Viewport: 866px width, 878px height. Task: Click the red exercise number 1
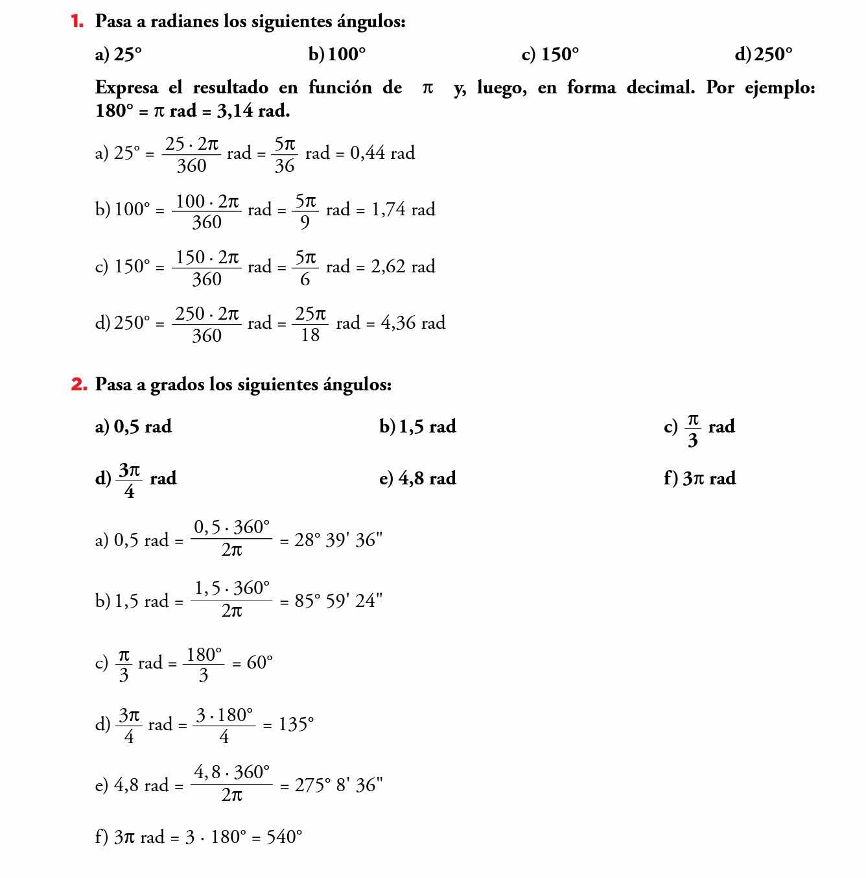pyautogui.click(x=77, y=21)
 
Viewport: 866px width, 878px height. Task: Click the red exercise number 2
pyautogui.click(x=78, y=385)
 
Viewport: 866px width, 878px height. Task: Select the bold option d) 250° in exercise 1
pyautogui.click(x=763, y=54)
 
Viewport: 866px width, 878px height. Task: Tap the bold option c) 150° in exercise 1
pyautogui.click(x=550, y=54)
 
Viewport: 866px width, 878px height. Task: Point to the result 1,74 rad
pyautogui.click(x=403, y=209)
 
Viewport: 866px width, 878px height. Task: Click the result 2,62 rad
pyautogui.click(x=403, y=267)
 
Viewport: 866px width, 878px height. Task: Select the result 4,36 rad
pyautogui.click(x=413, y=323)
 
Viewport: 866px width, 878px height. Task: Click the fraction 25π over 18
pyautogui.click(x=310, y=324)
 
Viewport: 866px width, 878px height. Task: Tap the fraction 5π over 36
pyautogui.click(x=285, y=154)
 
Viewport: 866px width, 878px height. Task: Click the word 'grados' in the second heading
pyautogui.click(x=177, y=385)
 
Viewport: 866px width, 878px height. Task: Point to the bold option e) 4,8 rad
pyautogui.click(x=417, y=479)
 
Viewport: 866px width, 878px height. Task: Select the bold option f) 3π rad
pyautogui.click(x=699, y=479)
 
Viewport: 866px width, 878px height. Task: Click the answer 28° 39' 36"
pyautogui.click(x=338, y=540)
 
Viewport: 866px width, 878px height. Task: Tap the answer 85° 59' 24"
pyautogui.click(x=338, y=601)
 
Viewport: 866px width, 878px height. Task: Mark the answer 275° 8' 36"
pyautogui.click(x=338, y=785)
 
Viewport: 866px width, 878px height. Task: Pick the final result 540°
pyautogui.click(x=285, y=837)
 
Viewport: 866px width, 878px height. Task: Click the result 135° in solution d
pyautogui.click(x=296, y=724)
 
